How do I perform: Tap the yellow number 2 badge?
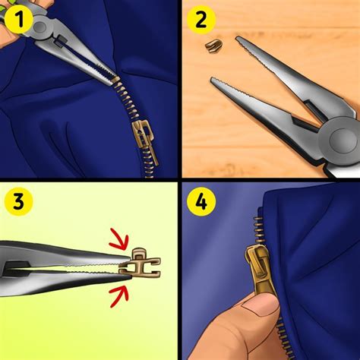202,20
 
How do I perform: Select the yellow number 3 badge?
17,203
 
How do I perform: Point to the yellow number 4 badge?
202,203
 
